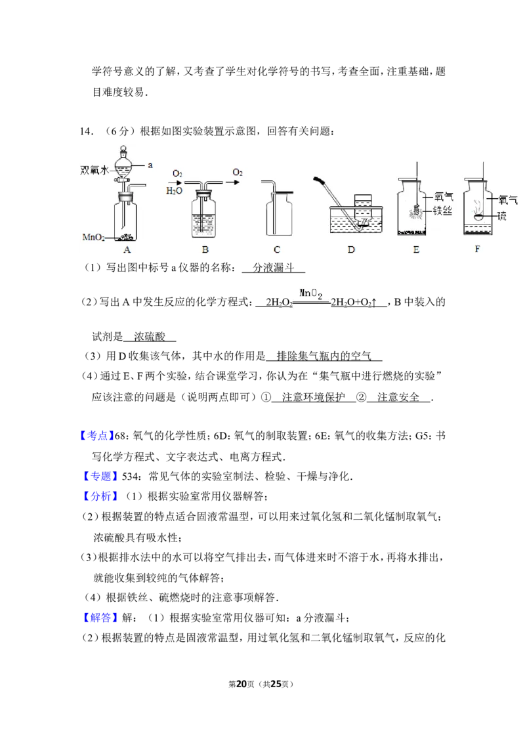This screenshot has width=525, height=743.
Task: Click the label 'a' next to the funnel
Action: click(x=150, y=165)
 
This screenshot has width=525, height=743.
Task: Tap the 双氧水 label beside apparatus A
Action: click(x=94, y=170)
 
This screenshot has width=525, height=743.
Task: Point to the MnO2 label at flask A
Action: click(x=93, y=237)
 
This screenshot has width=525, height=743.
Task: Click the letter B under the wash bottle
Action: click(x=205, y=249)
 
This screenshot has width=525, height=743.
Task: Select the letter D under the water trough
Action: click(x=351, y=249)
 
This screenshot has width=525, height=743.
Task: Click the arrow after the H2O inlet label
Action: click(x=177, y=182)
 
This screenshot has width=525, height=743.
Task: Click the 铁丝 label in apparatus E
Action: click(x=442, y=211)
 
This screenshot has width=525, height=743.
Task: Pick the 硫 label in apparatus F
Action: click(x=502, y=216)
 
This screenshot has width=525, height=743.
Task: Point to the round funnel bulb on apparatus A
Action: click(x=123, y=167)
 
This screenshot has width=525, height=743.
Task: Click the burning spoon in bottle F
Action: click(x=480, y=217)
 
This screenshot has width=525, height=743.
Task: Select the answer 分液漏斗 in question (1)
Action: click(x=274, y=268)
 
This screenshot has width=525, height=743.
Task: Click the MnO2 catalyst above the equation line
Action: click(x=311, y=294)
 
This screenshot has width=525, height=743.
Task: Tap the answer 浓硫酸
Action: click(x=150, y=337)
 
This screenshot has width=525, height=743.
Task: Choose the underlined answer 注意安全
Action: click(x=398, y=397)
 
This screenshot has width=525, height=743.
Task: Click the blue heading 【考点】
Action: click(x=96, y=436)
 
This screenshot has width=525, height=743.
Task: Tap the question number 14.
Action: click(x=86, y=131)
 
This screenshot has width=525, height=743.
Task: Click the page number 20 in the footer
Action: click(x=241, y=684)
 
